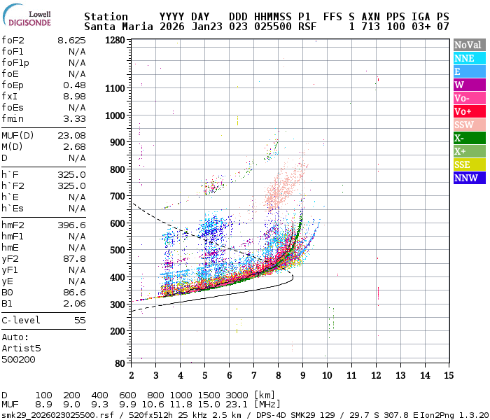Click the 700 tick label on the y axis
click(116, 196)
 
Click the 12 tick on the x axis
click(376, 375)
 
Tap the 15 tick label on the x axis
click(449, 375)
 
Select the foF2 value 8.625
click(71, 40)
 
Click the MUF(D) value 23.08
click(71, 135)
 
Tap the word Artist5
click(21, 348)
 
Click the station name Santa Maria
click(115, 27)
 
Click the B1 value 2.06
click(74, 303)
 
